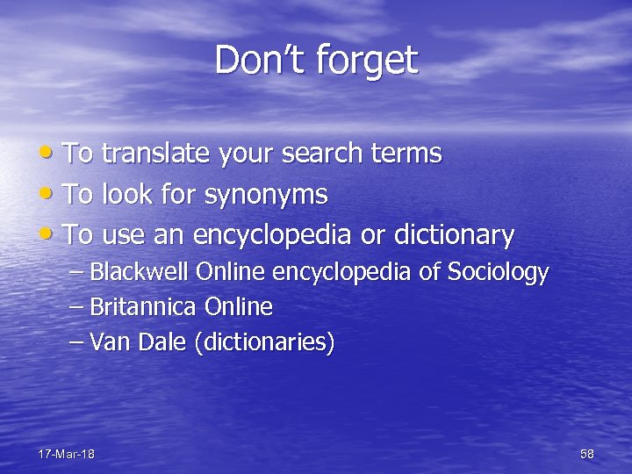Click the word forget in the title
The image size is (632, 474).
(x=366, y=61)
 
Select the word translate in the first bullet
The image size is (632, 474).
(x=154, y=154)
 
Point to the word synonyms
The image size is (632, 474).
(x=266, y=194)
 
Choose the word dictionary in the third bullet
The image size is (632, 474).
(x=454, y=234)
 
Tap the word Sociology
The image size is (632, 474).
(x=498, y=273)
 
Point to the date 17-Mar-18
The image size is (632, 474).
(x=67, y=454)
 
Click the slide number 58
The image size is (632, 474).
(x=587, y=454)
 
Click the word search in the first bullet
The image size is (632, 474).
(x=321, y=154)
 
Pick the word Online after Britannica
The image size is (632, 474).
(x=239, y=307)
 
